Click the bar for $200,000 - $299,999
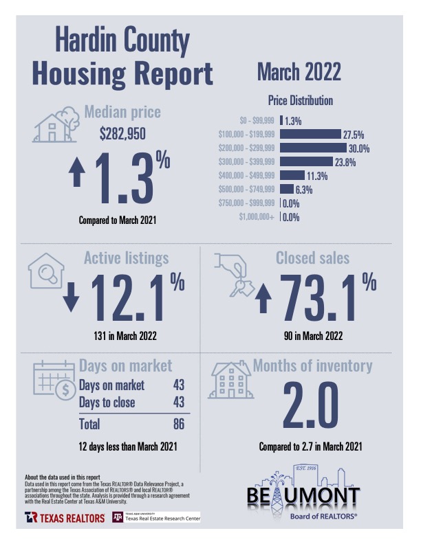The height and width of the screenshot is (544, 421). click(313, 148)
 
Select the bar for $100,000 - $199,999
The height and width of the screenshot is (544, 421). click(310, 134)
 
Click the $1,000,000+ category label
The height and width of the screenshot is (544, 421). click(257, 217)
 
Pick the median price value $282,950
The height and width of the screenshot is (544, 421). click(122, 134)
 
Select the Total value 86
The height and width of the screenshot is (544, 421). click(178, 424)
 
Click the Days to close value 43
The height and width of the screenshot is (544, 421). click(178, 403)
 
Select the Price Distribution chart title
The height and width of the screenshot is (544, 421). click(300, 100)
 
